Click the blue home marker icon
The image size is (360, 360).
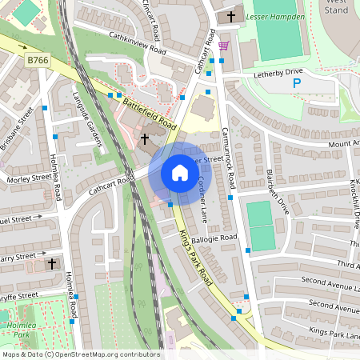(x=180, y=173)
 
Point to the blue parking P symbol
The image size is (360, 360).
(x=297, y=82)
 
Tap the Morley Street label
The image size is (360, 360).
(x=29, y=178)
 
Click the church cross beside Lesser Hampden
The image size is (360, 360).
(x=233, y=15)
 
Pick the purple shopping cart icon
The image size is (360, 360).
(x=222, y=46)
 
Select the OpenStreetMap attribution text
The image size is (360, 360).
(x=80, y=354)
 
